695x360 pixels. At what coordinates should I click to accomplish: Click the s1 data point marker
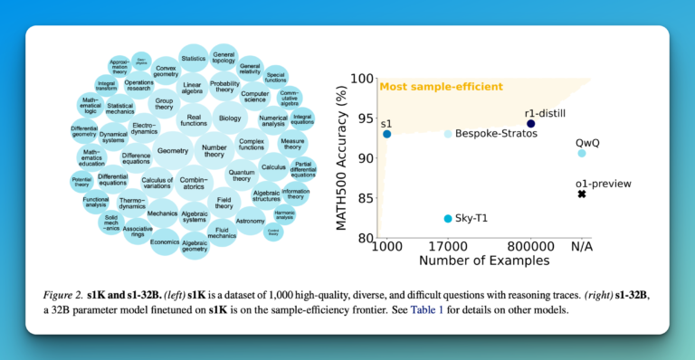coord(387,134)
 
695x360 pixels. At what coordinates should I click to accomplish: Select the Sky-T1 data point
coord(448,219)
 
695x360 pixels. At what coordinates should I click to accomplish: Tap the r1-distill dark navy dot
coord(531,124)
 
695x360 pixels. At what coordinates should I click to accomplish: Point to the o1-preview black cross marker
coord(582,194)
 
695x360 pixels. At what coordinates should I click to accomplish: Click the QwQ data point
coord(582,153)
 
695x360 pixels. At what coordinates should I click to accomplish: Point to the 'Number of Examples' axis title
coord(483,261)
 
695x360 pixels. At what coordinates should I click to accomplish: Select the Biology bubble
coord(230,118)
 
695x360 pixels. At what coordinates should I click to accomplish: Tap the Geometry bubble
coord(172,151)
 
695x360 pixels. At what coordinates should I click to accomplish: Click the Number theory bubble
coord(214,149)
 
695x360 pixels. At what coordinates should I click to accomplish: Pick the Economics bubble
coord(165,242)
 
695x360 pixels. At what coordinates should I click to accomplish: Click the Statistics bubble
coord(194,59)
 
